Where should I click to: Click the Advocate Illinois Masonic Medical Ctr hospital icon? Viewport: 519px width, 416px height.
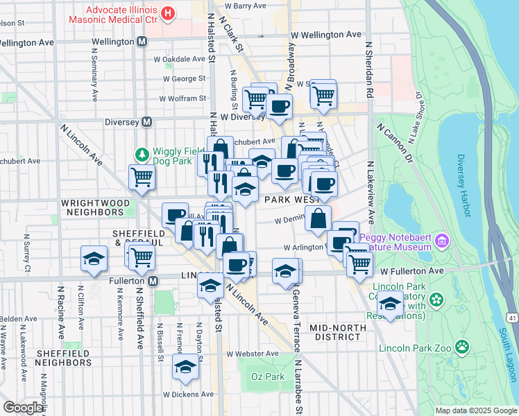pos(167,13)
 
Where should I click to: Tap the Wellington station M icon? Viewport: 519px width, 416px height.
pos(142,42)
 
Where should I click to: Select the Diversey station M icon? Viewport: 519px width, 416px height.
pos(146,121)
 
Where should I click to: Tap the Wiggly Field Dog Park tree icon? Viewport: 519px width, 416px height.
pos(142,154)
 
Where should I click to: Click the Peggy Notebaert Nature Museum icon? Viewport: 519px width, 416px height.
pos(442,242)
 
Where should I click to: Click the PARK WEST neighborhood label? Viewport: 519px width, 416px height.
pos(291,200)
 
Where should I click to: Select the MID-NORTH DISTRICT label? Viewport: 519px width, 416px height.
pos(336,332)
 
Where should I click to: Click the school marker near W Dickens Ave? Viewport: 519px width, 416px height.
pos(185,366)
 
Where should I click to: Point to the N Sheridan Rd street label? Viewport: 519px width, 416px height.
pos(369,69)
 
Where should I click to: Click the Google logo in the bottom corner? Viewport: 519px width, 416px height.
pos(24,407)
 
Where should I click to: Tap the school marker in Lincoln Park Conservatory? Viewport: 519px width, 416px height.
pos(391,304)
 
